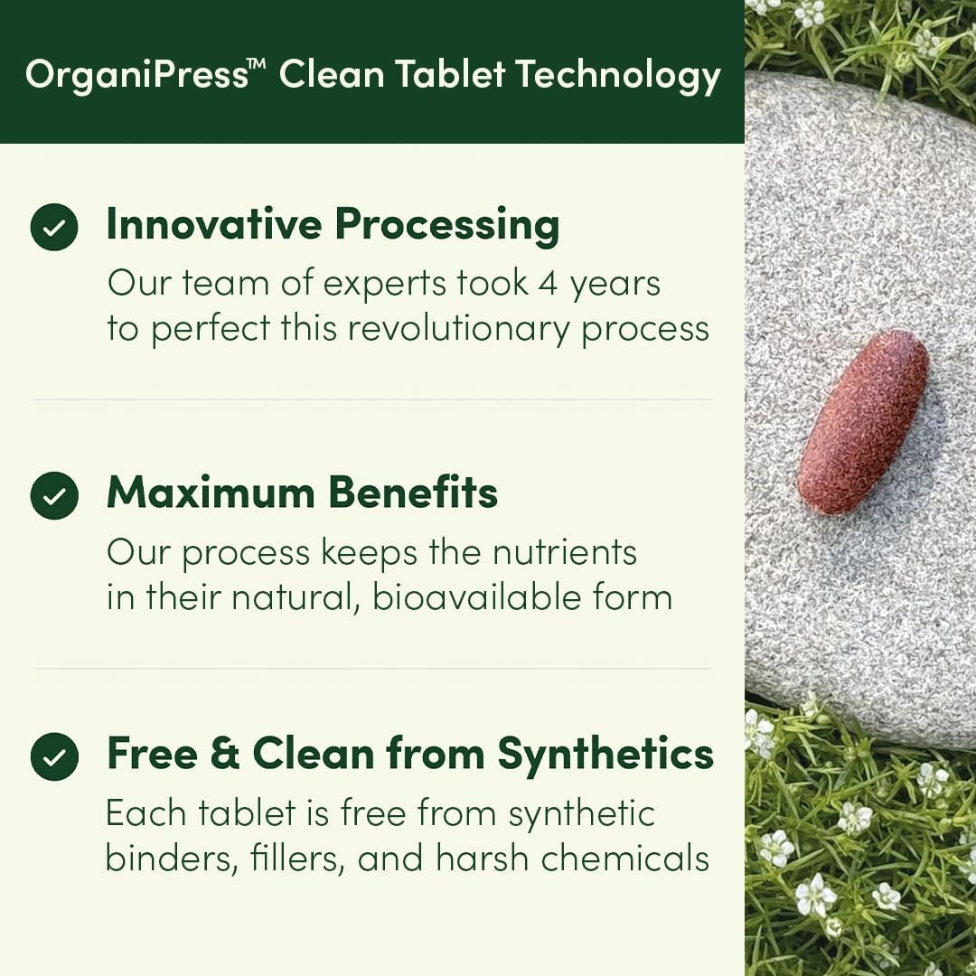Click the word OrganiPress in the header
pyautogui.click(x=136, y=75)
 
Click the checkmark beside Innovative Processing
pyautogui.click(x=54, y=227)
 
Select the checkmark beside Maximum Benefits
pyautogui.click(x=54, y=494)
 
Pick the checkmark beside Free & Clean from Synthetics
pyautogui.click(x=54, y=756)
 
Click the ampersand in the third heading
pyautogui.click(x=222, y=755)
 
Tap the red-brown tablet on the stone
pyautogui.click(x=862, y=421)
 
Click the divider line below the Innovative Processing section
pyautogui.click(x=372, y=399)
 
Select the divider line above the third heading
pyautogui.click(x=372, y=669)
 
